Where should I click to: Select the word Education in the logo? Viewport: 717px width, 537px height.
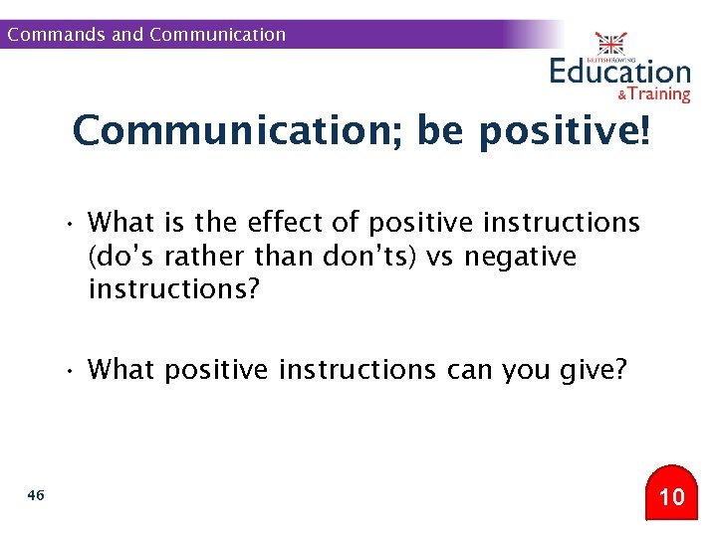coord(619,73)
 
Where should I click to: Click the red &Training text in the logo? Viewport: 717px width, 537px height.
coord(653,94)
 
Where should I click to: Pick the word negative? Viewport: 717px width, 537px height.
coord(521,257)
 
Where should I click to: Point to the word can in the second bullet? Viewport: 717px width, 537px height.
coord(468,370)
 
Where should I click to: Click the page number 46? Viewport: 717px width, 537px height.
coord(37,494)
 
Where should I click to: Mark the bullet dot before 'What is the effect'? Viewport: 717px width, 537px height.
coord(72,223)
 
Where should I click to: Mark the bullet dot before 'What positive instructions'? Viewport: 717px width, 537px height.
coord(72,371)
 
